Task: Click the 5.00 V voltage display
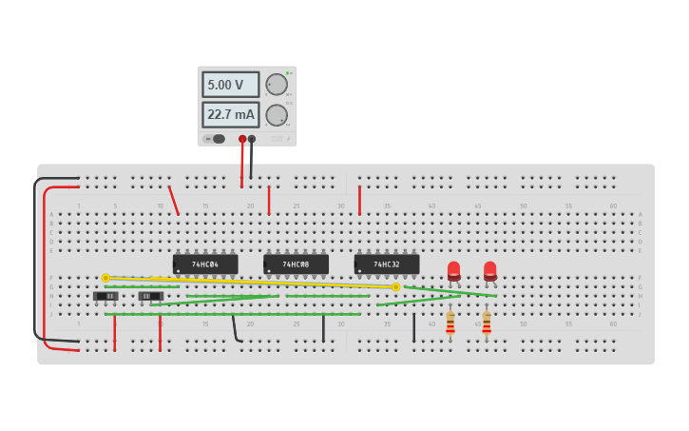click(230, 85)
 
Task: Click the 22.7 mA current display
click(230, 115)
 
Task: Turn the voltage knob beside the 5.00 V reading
click(277, 85)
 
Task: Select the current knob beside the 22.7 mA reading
click(277, 115)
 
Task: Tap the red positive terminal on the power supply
click(242, 139)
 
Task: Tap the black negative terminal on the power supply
click(252, 139)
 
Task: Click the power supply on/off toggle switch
click(216, 139)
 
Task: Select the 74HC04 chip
click(205, 264)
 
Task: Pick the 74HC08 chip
click(296, 264)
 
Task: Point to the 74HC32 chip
click(387, 264)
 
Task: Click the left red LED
click(454, 270)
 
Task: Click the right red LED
click(490, 270)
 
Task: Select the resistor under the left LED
click(450, 324)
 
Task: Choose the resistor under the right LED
click(487, 324)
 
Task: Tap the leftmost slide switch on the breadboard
click(106, 296)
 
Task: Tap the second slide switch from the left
click(151, 296)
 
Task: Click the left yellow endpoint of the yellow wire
click(105, 278)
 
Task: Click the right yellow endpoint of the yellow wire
click(395, 286)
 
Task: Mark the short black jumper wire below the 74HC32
click(413, 328)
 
